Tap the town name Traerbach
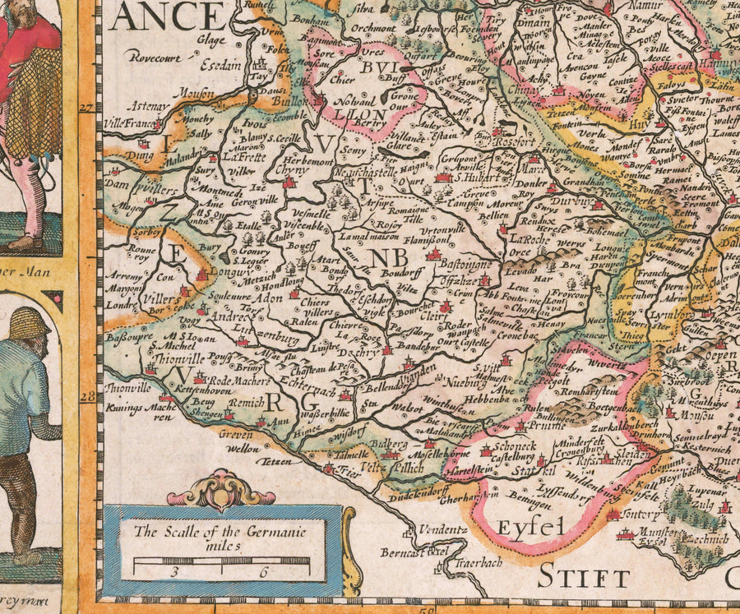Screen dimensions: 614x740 click(467, 566)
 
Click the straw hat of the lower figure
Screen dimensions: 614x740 click(30, 322)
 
